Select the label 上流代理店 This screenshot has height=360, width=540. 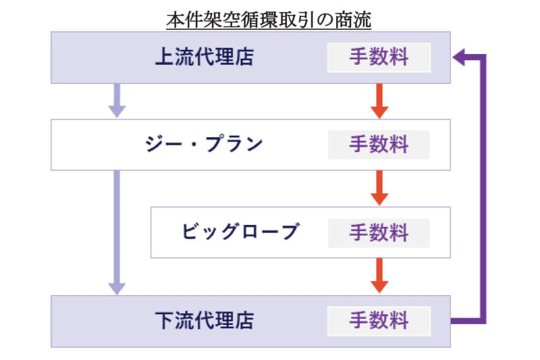pos(204,57)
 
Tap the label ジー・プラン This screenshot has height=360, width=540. pos(204,145)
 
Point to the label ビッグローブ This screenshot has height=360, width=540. pos(240,232)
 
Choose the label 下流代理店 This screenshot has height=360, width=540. pos(204,320)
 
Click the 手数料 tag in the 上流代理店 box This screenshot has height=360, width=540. pos(379,57)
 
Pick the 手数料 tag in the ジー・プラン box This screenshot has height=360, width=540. pos(379,145)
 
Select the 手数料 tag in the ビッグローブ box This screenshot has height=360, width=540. pos(379,232)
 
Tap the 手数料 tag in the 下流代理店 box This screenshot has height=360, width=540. pos(379,320)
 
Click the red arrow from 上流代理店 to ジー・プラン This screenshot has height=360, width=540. pos(379,101)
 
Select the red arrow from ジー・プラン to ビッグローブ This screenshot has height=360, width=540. pos(379,187)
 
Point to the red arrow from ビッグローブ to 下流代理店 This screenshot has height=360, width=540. pos(379,276)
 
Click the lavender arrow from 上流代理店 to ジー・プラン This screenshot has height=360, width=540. pos(117,101)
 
